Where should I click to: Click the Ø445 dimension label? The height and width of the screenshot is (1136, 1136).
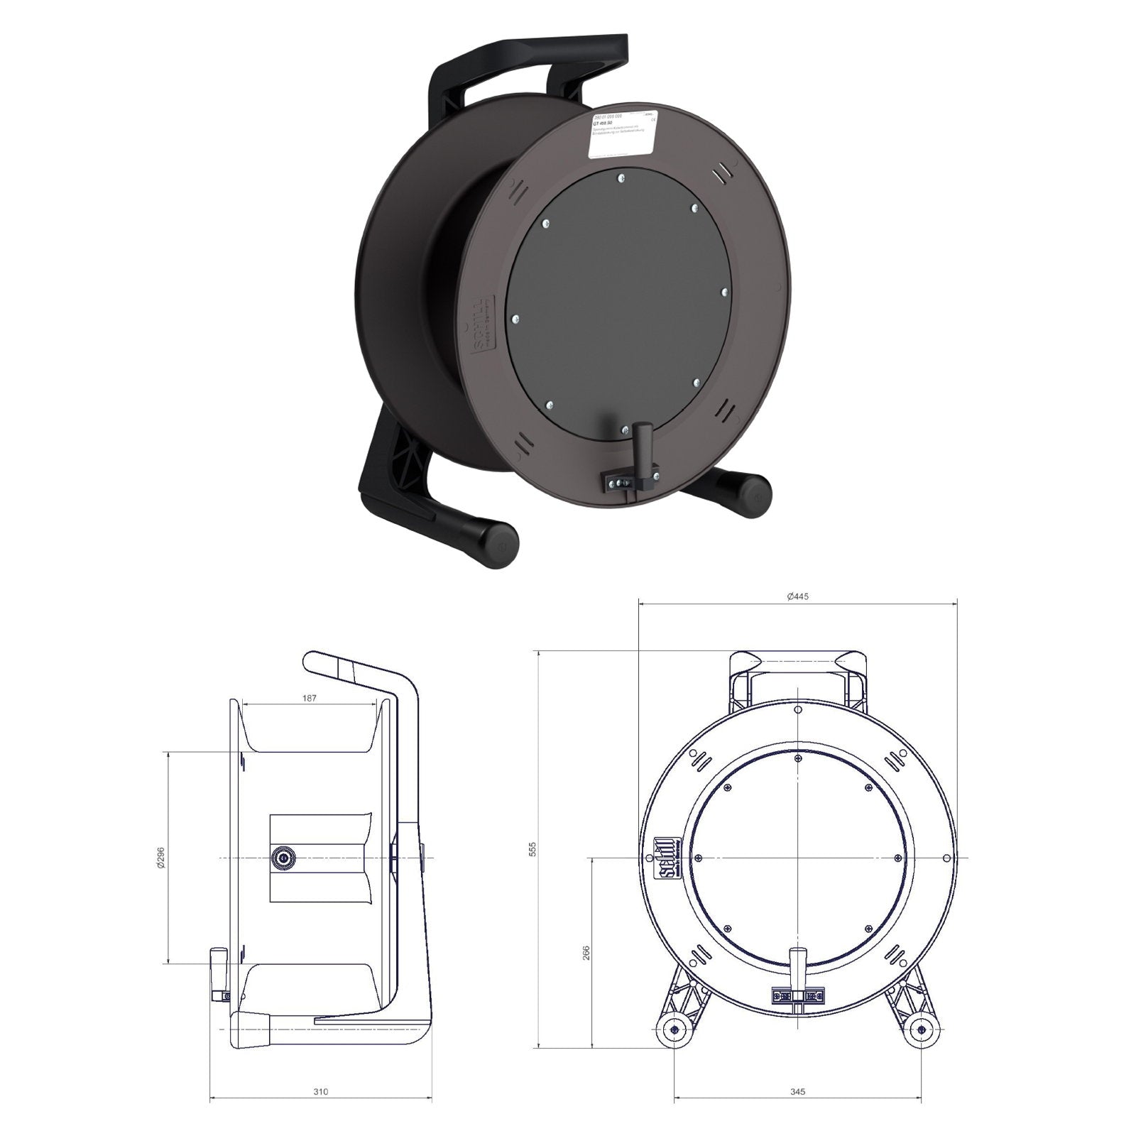[798, 596]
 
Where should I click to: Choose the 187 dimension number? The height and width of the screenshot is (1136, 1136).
[309, 699]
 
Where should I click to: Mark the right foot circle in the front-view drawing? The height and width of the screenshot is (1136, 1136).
[922, 1033]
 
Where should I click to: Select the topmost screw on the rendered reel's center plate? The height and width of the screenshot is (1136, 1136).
[621, 177]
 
